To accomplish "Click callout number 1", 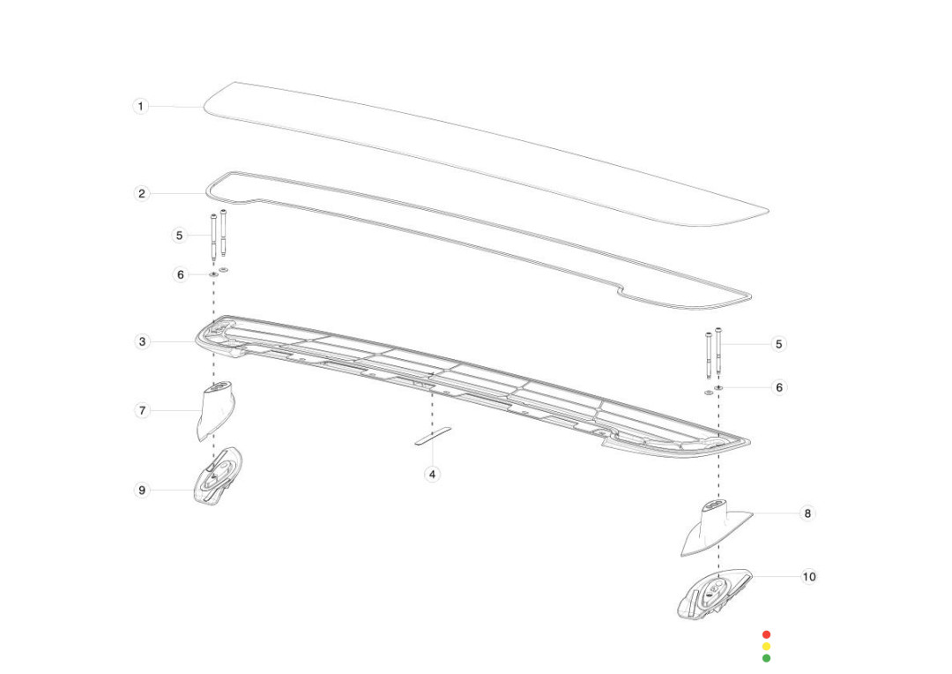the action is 141,107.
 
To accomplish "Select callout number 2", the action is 141,194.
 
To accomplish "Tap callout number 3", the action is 142,341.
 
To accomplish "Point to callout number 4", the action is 432,474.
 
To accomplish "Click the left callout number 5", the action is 179,236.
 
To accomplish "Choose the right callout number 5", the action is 779,344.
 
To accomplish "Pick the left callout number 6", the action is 181,274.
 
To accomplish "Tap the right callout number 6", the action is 779,387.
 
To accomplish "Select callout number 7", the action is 142,411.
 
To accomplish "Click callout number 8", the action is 807,513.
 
